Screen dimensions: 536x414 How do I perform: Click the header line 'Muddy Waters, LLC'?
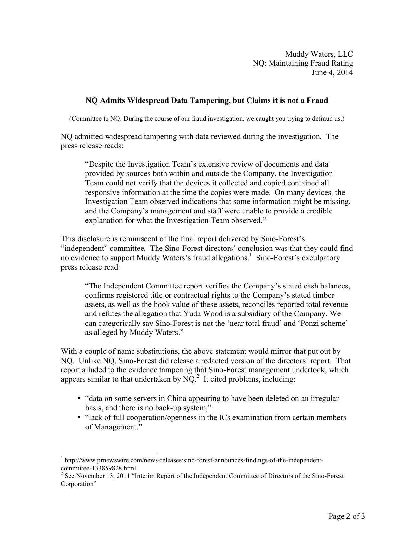coord(319,54)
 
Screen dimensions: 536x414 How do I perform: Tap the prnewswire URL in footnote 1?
coord(194,460)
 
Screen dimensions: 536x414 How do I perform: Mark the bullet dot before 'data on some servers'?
coord(79,399)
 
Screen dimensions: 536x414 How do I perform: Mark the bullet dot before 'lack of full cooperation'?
coord(79,418)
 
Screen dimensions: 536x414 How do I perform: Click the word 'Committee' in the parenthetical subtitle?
coord(84,119)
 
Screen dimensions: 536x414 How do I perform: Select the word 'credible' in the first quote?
coord(319,211)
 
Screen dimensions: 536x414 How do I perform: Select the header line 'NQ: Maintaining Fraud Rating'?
coord(303,63)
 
